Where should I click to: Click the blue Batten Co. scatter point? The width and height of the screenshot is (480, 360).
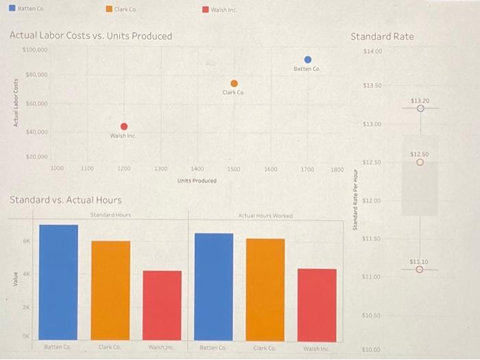pos(308,60)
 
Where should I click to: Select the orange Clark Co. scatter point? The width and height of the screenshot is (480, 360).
pos(234,83)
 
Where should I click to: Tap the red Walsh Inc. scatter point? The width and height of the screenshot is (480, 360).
pos(124,126)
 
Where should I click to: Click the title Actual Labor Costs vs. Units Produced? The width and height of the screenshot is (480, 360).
pos(91,36)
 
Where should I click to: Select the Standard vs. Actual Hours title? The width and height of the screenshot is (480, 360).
pos(65,200)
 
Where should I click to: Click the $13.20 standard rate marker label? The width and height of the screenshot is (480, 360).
pos(420,100)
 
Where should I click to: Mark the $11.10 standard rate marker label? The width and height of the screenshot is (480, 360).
pos(420,261)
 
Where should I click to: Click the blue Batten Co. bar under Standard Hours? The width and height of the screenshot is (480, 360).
pos(58,281)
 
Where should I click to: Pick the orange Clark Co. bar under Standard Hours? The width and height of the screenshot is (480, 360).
pos(110,289)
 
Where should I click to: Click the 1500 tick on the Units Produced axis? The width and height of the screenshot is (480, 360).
pos(234,168)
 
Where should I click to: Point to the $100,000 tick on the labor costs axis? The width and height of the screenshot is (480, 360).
pos(35,50)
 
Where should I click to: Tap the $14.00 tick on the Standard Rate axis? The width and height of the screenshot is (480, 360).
pos(374,51)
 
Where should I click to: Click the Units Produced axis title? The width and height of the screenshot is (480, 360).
pos(197,181)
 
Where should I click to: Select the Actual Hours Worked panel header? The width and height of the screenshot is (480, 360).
pos(265,215)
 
